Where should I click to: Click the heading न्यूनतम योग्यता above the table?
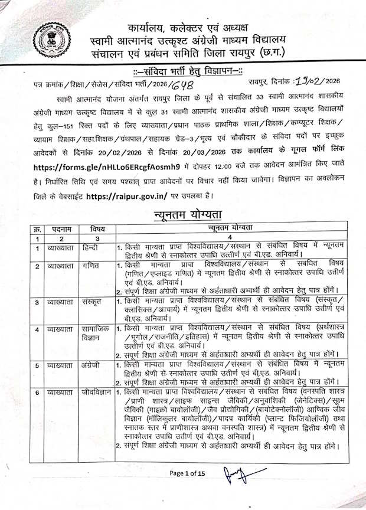(x=183, y=214)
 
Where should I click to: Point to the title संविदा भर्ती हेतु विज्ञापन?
(x=183, y=72)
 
